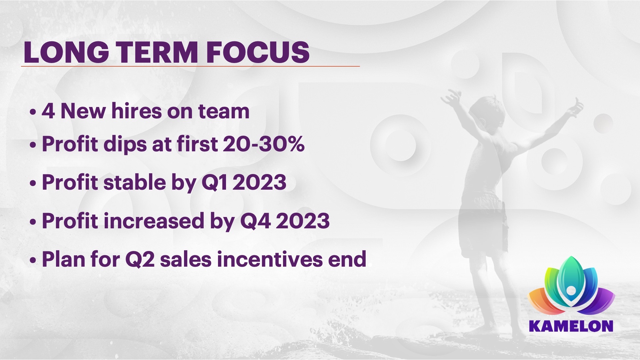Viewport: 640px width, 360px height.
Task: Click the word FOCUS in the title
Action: [x=258, y=52]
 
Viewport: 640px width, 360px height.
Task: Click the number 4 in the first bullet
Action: [x=48, y=111]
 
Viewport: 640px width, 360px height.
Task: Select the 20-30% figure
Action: [x=263, y=144]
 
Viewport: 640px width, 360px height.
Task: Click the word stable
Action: [x=135, y=182]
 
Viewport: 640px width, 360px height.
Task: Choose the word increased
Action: [x=154, y=221]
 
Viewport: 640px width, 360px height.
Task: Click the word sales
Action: [x=186, y=259]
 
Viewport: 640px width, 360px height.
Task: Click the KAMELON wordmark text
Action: [x=571, y=326]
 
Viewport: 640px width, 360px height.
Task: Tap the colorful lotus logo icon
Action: [x=571, y=286]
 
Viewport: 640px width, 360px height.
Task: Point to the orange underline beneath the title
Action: [x=190, y=66]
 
